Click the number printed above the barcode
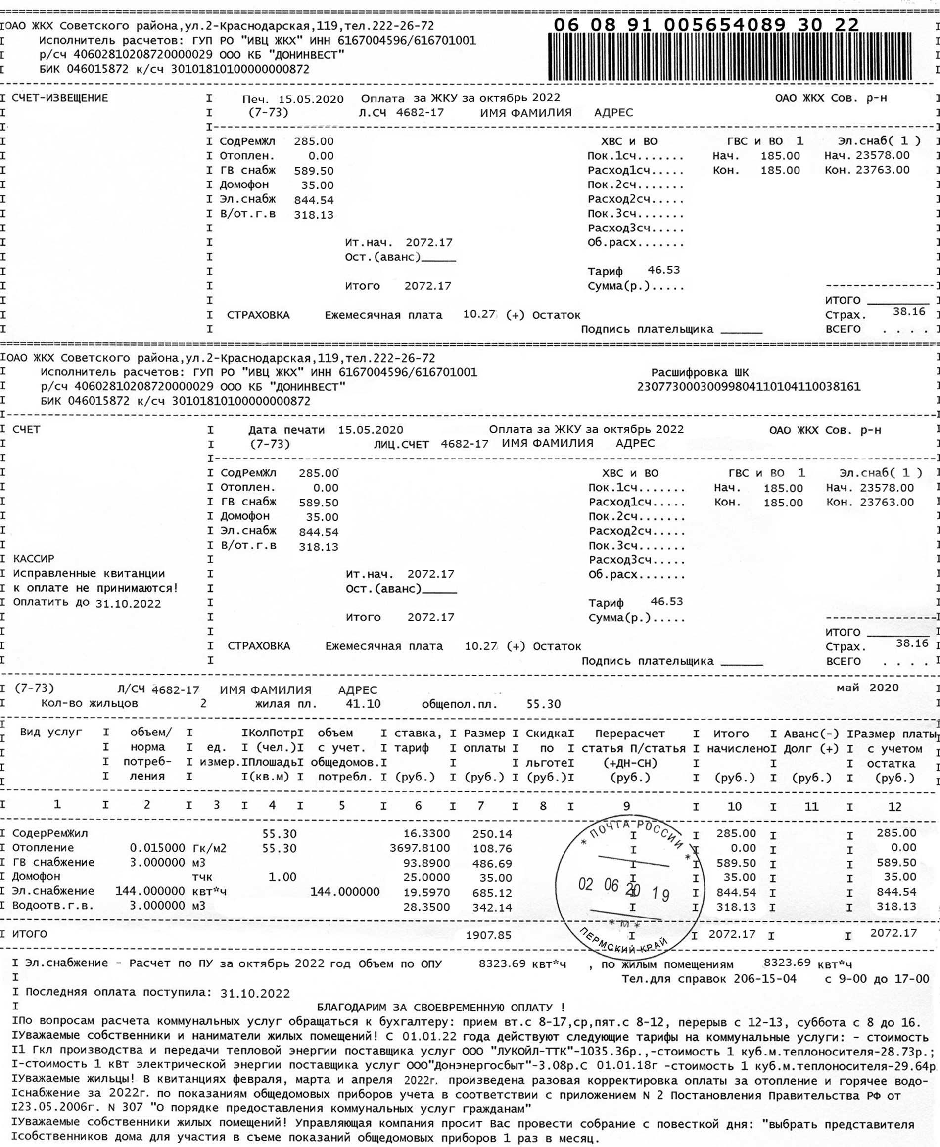tap(706, 25)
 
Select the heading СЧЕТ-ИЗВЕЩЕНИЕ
tap(60, 98)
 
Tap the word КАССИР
tap(34, 558)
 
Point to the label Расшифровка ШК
tap(700, 372)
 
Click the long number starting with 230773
tap(749, 387)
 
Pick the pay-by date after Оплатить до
tap(128, 604)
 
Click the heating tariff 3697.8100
tap(420, 848)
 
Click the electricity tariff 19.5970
tap(426, 891)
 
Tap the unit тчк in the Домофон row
tap(202, 877)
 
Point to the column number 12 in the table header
tap(894, 807)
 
